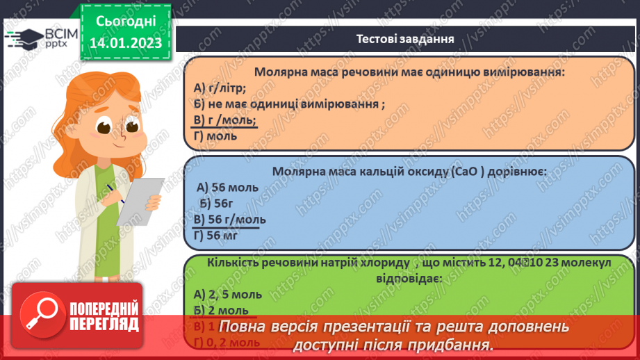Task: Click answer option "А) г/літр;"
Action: pyautogui.click(x=220, y=88)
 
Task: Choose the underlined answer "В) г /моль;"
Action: pyautogui.click(x=225, y=120)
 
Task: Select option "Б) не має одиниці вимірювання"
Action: pyautogui.click(x=289, y=104)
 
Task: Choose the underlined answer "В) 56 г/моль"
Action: pyautogui.click(x=229, y=219)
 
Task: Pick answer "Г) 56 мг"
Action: pyautogui.click(x=219, y=235)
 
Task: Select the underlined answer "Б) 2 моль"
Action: pyautogui.click(x=220, y=311)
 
